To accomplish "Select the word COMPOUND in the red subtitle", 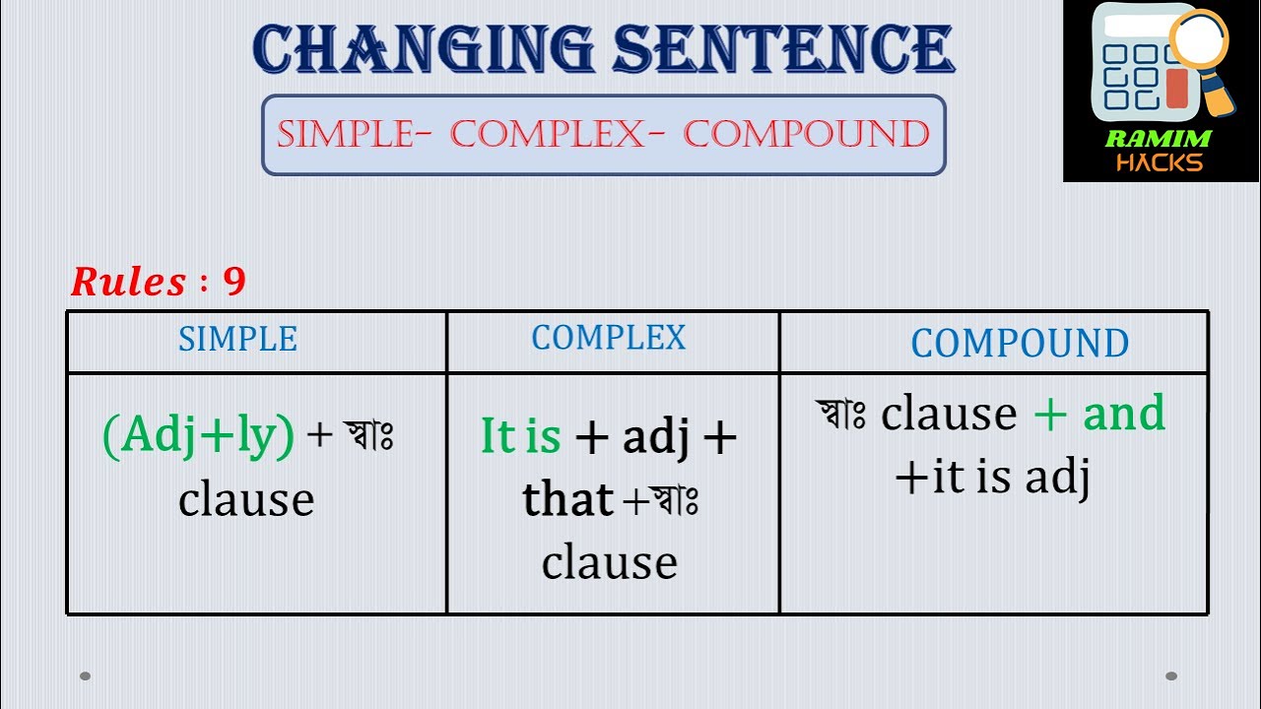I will tap(807, 134).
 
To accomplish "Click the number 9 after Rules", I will tap(233, 283).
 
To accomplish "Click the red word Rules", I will tap(128, 283).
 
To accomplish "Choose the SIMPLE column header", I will tap(237, 339).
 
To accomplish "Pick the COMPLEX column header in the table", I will tap(608, 338).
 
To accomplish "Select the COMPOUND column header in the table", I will tap(1020, 343).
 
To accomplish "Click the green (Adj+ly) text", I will tap(198, 435).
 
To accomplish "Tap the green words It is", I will tap(520, 435).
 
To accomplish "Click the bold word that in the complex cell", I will tap(567, 499).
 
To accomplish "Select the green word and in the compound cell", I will tap(1124, 414).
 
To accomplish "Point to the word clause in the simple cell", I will tap(246, 499).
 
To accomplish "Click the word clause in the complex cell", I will tap(609, 562).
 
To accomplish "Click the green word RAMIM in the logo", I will tap(1158, 139).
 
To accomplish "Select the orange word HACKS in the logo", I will tap(1159, 162).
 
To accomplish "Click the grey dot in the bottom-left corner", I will tap(86, 676).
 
